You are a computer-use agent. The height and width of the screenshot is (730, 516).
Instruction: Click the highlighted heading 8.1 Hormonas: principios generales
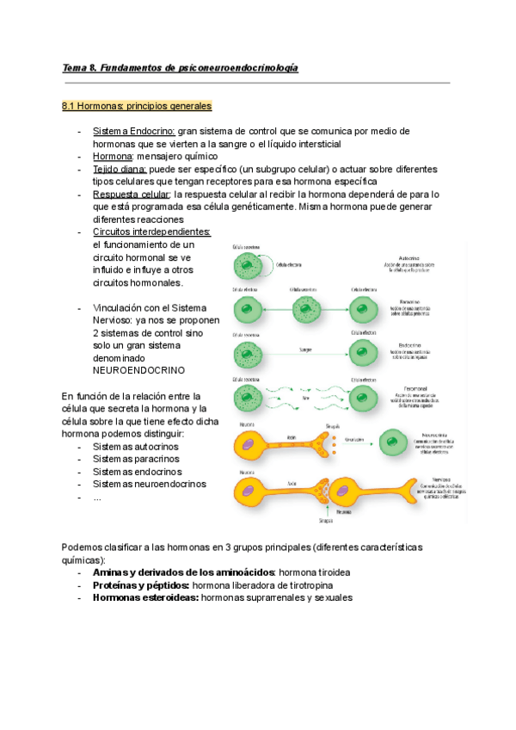click(x=137, y=106)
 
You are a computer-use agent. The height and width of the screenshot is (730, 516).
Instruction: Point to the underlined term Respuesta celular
click(x=131, y=195)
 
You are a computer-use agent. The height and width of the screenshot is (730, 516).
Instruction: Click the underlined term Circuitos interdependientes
click(x=150, y=232)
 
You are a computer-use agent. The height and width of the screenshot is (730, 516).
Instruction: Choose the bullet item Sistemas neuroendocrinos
click(x=149, y=484)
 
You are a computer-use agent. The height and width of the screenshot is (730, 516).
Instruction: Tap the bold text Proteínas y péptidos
click(x=140, y=585)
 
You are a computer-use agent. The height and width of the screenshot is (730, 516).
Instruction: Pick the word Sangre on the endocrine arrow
click(x=305, y=350)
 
